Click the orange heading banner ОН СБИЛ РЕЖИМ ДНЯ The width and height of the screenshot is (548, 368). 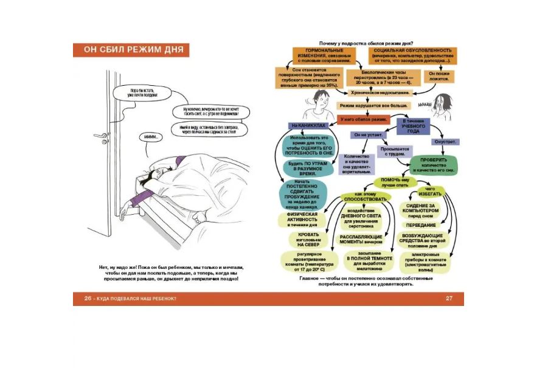pyautogui.click(x=131, y=50)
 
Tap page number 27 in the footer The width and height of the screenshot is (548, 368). pyautogui.click(x=449, y=298)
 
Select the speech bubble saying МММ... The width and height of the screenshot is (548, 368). pyautogui.click(x=152, y=137)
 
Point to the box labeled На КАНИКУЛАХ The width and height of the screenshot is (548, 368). pyautogui.click(x=308, y=125)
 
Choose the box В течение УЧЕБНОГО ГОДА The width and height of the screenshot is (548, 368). pyautogui.click(x=414, y=125)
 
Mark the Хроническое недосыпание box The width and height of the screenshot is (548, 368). pyautogui.click(x=381, y=92)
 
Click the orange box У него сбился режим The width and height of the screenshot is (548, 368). pyautogui.click(x=362, y=119)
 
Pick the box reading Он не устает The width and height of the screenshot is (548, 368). pyautogui.click(x=367, y=134)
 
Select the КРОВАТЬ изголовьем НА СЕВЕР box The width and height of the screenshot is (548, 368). pyautogui.click(x=304, y=239)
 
